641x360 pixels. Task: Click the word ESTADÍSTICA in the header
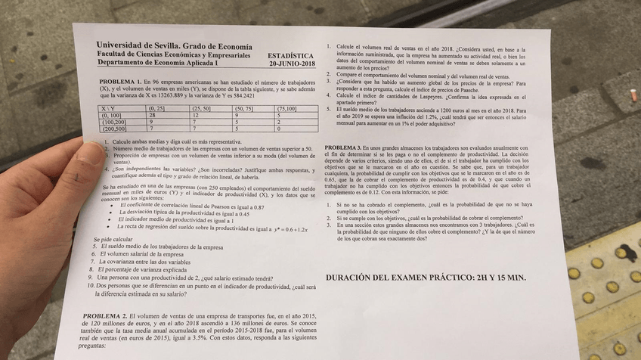(x=290, y=56)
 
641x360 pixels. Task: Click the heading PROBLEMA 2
(x=105, y=315)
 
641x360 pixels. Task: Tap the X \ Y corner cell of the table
(x=108, y=108)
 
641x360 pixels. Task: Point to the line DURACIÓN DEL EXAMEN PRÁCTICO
(x=425, y=278)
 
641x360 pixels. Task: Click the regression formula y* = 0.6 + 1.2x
(x=291, y=228)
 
